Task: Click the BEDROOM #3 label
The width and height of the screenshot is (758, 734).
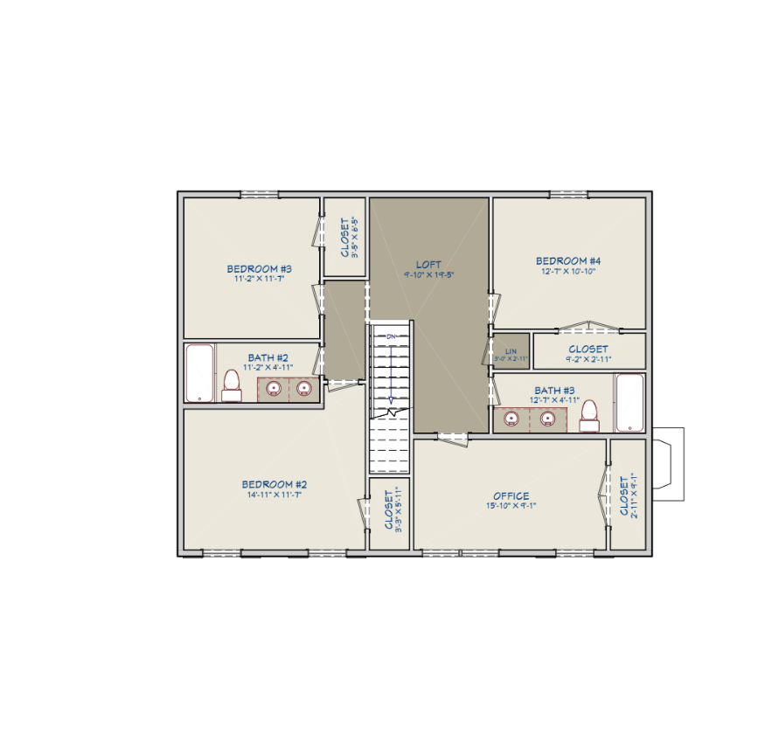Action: click(259, 268)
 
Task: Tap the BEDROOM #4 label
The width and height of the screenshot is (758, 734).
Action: click(568, 260)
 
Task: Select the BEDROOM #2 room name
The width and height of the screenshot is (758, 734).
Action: click(274, 484)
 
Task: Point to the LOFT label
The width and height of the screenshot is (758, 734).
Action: click(428, 264)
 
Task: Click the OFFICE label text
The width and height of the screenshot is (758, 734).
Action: click(511, 495)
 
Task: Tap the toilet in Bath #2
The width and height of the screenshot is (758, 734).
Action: click(232, 384)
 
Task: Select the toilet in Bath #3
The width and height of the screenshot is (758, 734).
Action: click(590, 415)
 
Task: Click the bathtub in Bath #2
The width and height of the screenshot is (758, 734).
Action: click(200, 373)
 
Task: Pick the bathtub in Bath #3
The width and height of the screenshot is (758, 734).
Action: click(630, 403)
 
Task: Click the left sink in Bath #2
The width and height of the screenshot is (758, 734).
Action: click(274, 389)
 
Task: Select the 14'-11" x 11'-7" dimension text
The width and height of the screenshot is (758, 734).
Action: click(274, 495)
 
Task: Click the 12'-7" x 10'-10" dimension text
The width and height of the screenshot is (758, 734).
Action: click(568, 271)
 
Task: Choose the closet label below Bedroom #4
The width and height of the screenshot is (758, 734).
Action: click(588, 350)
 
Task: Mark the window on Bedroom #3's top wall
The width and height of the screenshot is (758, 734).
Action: click(259, 194)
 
